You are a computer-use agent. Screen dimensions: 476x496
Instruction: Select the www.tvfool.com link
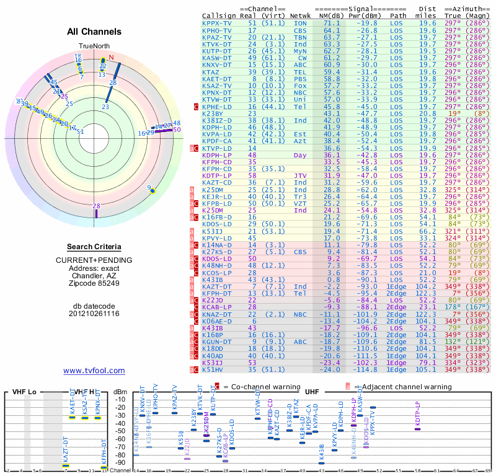click(94, 371)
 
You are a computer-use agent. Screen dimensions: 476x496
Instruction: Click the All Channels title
click(94, 32)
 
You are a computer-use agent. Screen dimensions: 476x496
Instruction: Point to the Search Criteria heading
click(94, 247)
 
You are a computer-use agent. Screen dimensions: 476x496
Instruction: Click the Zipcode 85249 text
click(94, 283)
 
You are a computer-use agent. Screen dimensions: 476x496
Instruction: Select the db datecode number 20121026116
click(94, 314)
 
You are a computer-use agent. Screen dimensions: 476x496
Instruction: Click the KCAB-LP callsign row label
click(216, 306)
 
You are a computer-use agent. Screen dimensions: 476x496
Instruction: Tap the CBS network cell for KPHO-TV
click(300, 30)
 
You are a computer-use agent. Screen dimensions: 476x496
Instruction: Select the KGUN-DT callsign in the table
click(216, 342)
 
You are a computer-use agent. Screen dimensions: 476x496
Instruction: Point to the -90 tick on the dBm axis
click(120, 462)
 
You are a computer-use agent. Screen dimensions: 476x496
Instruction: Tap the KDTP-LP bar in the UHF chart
click(417, 428)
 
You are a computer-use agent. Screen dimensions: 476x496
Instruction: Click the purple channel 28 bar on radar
click(96, 213)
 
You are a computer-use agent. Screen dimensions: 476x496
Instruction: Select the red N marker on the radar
click(112, 59)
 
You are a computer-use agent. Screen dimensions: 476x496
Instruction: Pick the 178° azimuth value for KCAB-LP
click(456, 306)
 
